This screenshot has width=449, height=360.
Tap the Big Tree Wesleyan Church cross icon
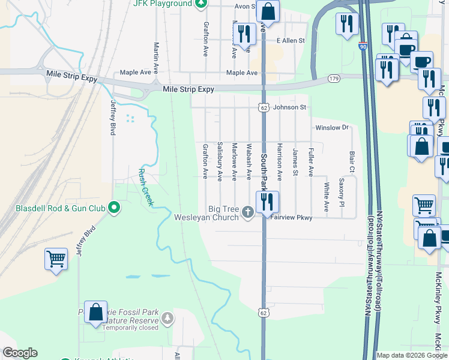tap(247, 212)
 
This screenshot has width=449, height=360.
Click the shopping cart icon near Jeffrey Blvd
tap(56, 259)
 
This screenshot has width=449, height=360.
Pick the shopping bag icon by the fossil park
tap(96, 312)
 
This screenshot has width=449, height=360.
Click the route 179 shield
tap(334, 79)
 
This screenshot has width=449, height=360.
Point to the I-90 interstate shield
tap(363, 46)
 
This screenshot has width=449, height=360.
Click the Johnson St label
tap(290, 107)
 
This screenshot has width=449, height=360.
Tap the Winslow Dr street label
tap(332, 128)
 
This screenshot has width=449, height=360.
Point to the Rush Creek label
tap(145, 186)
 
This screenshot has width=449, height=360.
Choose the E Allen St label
tap(291, 41)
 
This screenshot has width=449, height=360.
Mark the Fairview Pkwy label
tap(291, 218)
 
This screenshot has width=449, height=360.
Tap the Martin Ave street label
tap(156, 53)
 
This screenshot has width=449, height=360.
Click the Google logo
tap(20, 353)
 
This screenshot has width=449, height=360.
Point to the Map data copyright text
tap(412, 355)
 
